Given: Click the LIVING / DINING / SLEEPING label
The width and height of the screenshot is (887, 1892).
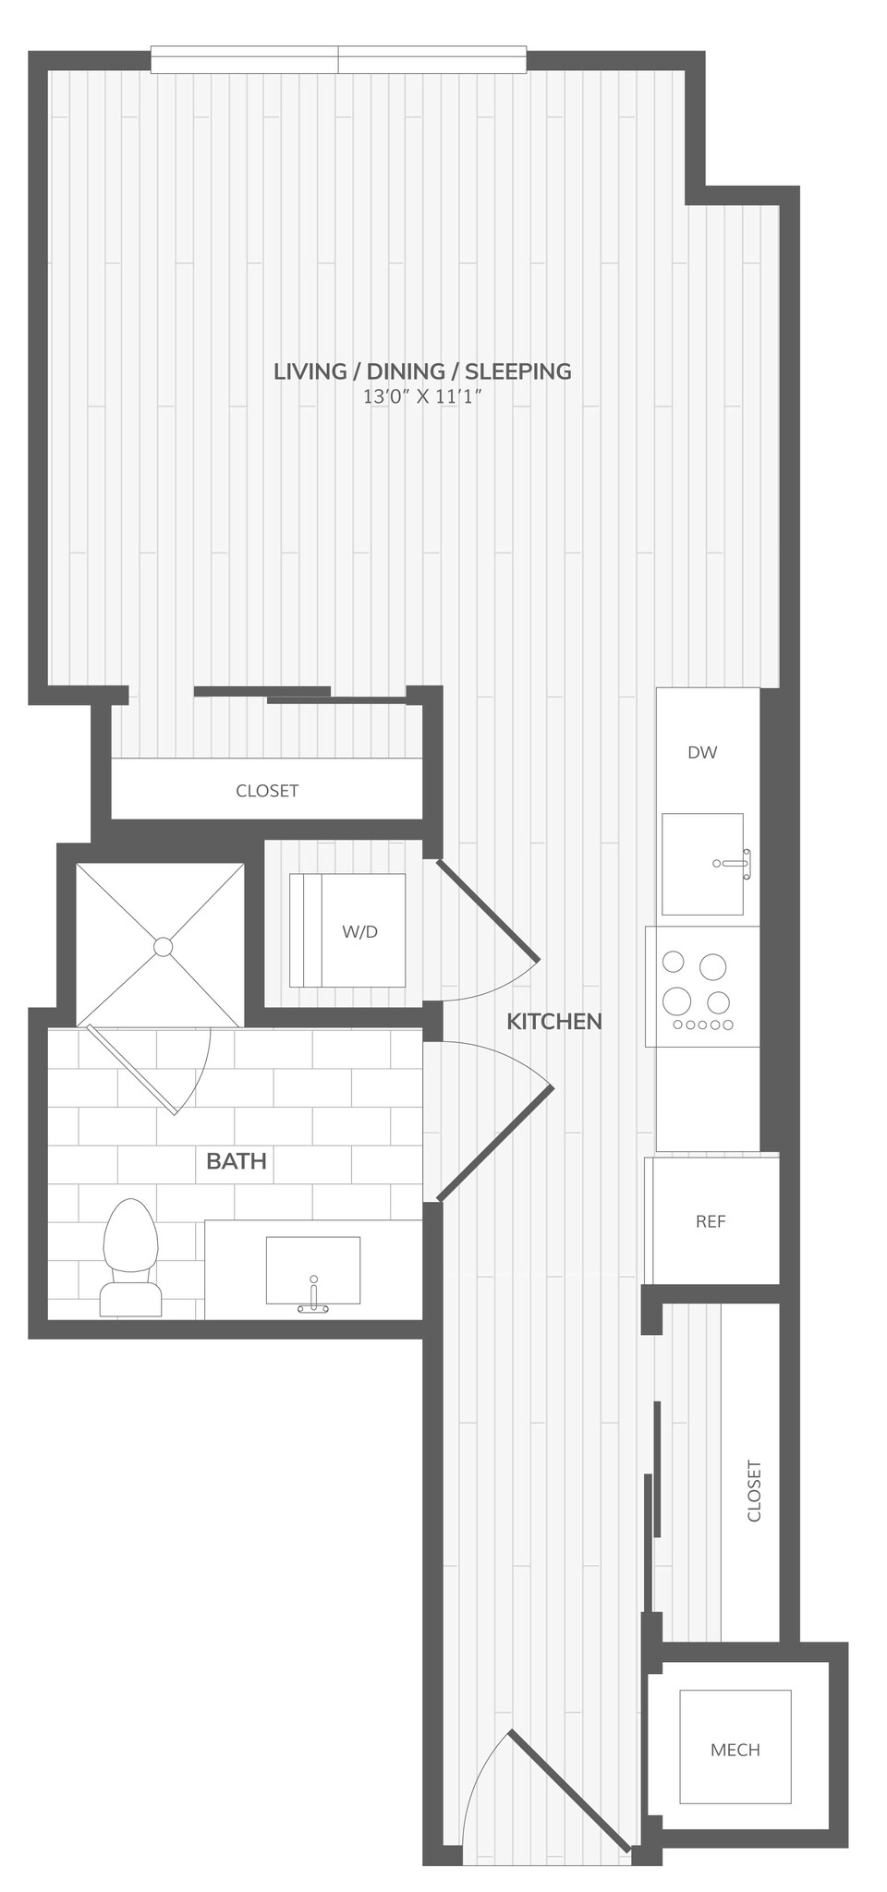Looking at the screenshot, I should click(x=422, y=371).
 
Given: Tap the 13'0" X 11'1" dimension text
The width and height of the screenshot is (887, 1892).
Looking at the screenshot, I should click(x=422, y=398).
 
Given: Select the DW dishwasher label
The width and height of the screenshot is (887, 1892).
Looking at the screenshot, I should click(x=702, y=752).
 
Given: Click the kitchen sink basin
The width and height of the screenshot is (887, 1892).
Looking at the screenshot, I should click(x=701, y=864).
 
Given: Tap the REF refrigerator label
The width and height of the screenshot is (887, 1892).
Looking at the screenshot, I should click(x=711, y=1221).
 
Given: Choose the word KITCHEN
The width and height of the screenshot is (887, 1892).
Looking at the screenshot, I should click(x=554, y=1021).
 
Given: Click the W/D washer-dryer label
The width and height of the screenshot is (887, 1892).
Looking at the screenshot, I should click(x=359, y=931).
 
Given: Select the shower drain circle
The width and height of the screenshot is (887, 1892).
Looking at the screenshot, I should click(x=164, y=946).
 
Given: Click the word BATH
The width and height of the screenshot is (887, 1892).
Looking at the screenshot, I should click(x=237, y=1161).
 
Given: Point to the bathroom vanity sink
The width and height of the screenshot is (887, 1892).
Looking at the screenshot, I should click(x=312, y=1269).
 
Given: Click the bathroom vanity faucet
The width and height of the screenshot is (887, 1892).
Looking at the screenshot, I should click(x=313, y=1303).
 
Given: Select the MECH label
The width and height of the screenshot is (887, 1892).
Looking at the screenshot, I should click(x=735, y=1750).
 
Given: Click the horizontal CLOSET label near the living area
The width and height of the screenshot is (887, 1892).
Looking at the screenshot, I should click(x=267, y=791).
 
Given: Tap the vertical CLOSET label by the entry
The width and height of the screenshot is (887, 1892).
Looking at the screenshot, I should click(x=754, y=1491).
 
